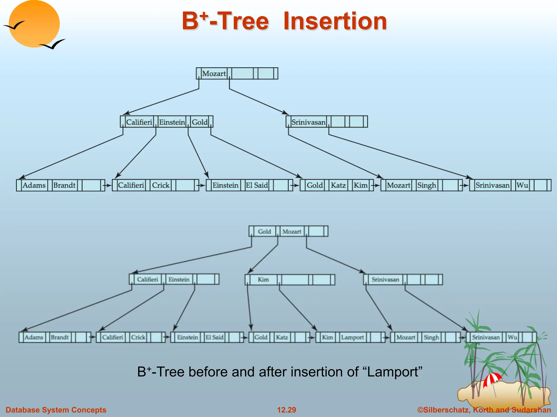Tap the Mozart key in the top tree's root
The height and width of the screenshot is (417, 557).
pos(214,74)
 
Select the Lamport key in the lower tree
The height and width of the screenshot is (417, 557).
pos(352,337)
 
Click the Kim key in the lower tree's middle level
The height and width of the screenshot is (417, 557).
pos(263,279)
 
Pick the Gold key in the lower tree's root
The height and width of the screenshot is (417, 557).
pos(264,232)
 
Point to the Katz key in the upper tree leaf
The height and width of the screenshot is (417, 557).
pos(338,185)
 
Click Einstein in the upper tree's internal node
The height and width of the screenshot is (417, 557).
pos(172,122)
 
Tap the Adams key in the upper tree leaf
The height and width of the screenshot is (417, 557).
pos(34,185)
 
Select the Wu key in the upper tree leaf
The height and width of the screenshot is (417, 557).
pos(522,185)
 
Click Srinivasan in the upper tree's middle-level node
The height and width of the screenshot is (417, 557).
pos(308,122)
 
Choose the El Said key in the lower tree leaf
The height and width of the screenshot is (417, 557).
pos(214,337)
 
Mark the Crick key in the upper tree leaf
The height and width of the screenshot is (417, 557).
pos(160,185)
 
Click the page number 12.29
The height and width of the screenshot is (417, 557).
pos(286,410)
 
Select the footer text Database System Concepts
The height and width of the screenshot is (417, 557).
pos(56,410)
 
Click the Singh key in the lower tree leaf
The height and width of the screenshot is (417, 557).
pos(431,337)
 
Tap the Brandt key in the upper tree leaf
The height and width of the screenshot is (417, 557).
pos(64,185)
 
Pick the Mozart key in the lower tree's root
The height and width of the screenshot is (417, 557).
pos(292,232)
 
